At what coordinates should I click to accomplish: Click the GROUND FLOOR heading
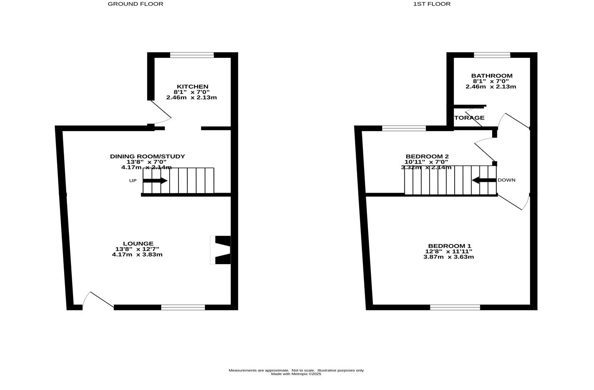click(x=135, y=4)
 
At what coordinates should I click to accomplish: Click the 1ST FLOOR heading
click(x=432, y=4)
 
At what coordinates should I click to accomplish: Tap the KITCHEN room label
click(x=192, y=87)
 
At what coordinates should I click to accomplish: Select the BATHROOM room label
click(x=491, y=76)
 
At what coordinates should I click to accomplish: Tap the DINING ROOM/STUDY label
click(x=147, y=156)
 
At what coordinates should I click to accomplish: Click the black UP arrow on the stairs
click(x=155, y=181)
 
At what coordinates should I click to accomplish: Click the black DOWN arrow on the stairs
click(x=484, y=180)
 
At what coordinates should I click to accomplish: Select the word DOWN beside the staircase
click(x=506, y=180)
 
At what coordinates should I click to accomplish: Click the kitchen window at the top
click(x=192, y=55)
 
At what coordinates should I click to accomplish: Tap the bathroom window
click(x=492, y=55)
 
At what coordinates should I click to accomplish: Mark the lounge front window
click(x=183, y=307)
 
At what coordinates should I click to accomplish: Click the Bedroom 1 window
click(x=455, y=307)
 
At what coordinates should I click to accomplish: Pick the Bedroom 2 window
click(x=404, y=128)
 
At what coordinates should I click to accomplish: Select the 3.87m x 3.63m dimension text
click(x=448, y=257)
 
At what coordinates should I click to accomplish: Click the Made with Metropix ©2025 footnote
click(x=296, y=374)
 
